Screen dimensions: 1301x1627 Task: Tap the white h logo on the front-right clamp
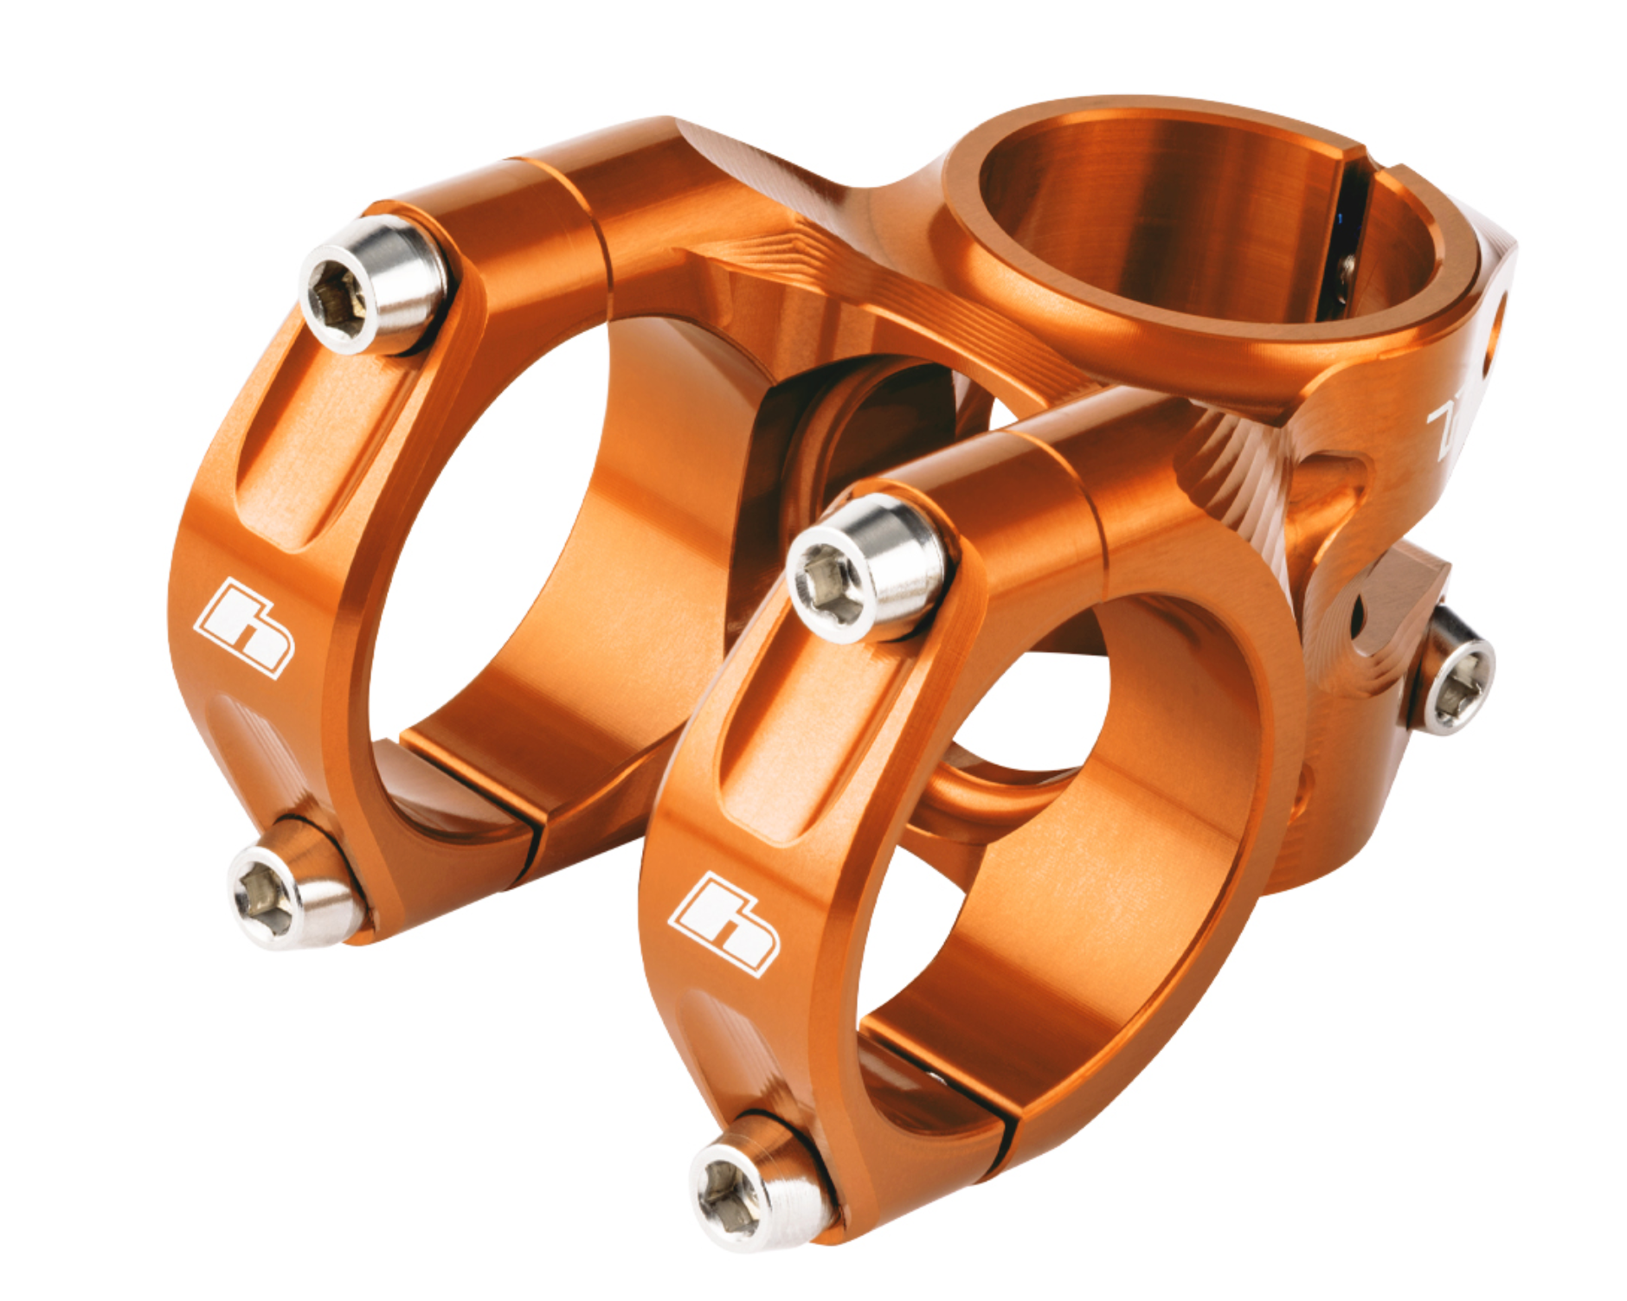pos(725,924)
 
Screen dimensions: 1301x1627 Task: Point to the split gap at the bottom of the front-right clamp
pos(939,1081)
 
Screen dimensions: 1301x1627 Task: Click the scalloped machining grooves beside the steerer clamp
pos(1229,484)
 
